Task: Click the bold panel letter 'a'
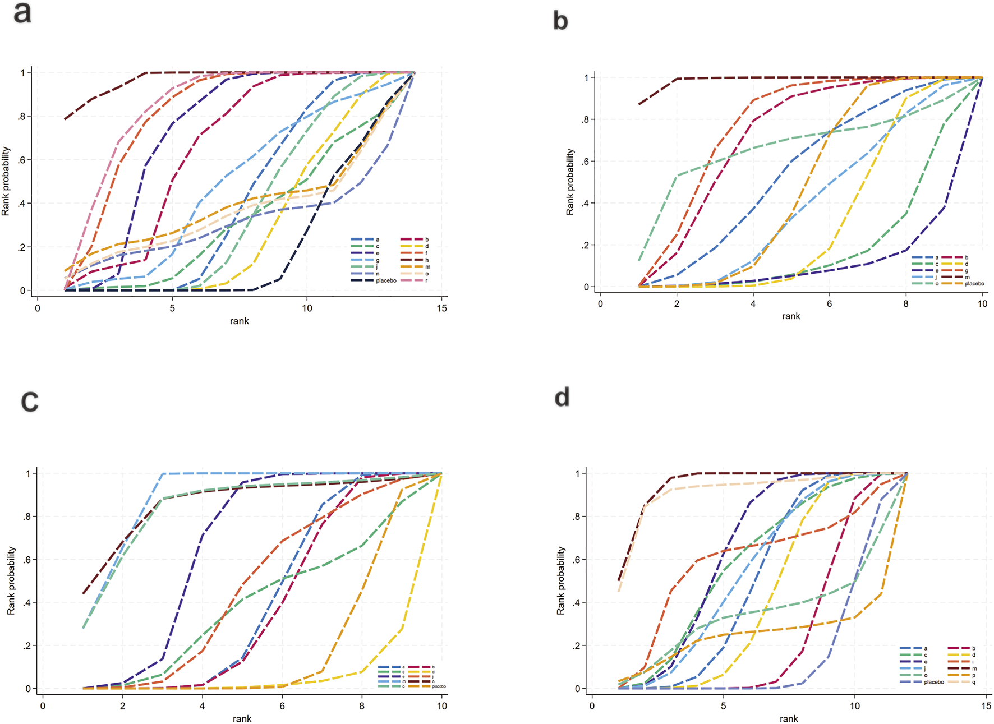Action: (22, 13)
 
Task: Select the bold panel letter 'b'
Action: (560, 21)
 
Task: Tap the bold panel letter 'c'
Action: (29, 401)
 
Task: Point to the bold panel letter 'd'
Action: (562, 398)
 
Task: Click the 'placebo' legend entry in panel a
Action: (386, 280)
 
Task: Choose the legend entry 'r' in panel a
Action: (426, 280)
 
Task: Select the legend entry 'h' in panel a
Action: (426, 260)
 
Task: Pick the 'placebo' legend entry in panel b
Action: (974, 284)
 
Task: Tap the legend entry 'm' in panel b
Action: (967, 277)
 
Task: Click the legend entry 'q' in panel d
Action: (974, 683)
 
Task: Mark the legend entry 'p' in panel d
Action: (974, 676)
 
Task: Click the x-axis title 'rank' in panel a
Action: (239, 321)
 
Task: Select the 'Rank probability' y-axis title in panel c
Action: (11, 580)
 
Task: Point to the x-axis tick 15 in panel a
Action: (442, 308)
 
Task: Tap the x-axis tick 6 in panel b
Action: (829, 304)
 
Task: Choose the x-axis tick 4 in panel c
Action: (203, 706)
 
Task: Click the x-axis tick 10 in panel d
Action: (854, 706)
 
